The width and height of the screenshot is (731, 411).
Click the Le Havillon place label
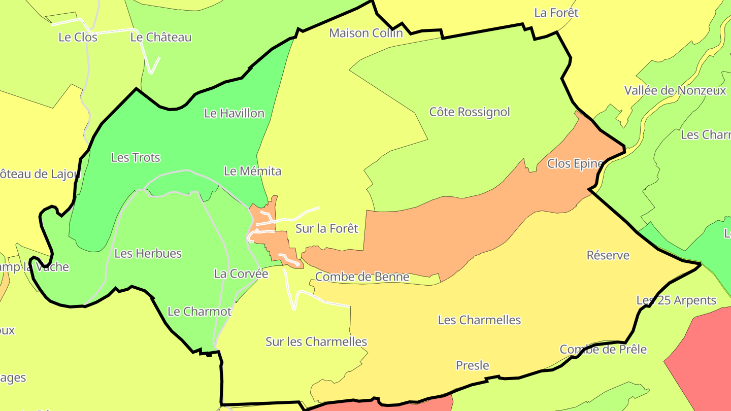[x=234, y=113]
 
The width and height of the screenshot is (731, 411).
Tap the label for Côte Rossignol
[x=470, y=112]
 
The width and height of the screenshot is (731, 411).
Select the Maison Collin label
[x=365, y=33]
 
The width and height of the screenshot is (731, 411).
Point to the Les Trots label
[x=136, y=157]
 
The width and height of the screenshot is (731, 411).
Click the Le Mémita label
[x=252, y=171]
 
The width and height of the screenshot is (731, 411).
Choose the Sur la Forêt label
[x=326, y=228]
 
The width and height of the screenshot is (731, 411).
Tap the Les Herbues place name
[x=148, y=253]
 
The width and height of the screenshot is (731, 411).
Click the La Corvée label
[x=241, y=273]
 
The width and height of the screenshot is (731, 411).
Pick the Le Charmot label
[x=200, y=311]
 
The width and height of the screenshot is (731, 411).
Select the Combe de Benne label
[x=362, y=277]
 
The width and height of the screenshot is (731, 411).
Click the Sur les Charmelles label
[x=316, y=341]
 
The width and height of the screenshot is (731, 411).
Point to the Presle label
[x=472, y=365]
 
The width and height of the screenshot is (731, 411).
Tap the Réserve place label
[x=608, y=255]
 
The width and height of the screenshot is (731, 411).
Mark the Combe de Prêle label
[x=603, y=349]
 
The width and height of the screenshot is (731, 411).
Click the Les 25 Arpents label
[x=676, y=300]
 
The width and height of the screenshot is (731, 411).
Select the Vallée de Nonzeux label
[x=675, y=90]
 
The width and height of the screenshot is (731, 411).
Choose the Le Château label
[x=161, y=37]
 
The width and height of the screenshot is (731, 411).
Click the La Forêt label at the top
[x=556, y=13]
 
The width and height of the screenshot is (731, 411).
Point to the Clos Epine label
[x=575, y=163]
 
